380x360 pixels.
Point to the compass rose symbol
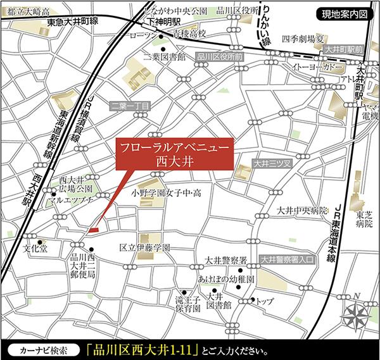(x=355, y=312)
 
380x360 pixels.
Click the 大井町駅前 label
(x=343, y=48)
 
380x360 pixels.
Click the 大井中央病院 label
(x=303, y=210)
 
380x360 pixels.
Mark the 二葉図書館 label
(x=163, y=57)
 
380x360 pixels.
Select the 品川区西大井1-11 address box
(x=144, y=349)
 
